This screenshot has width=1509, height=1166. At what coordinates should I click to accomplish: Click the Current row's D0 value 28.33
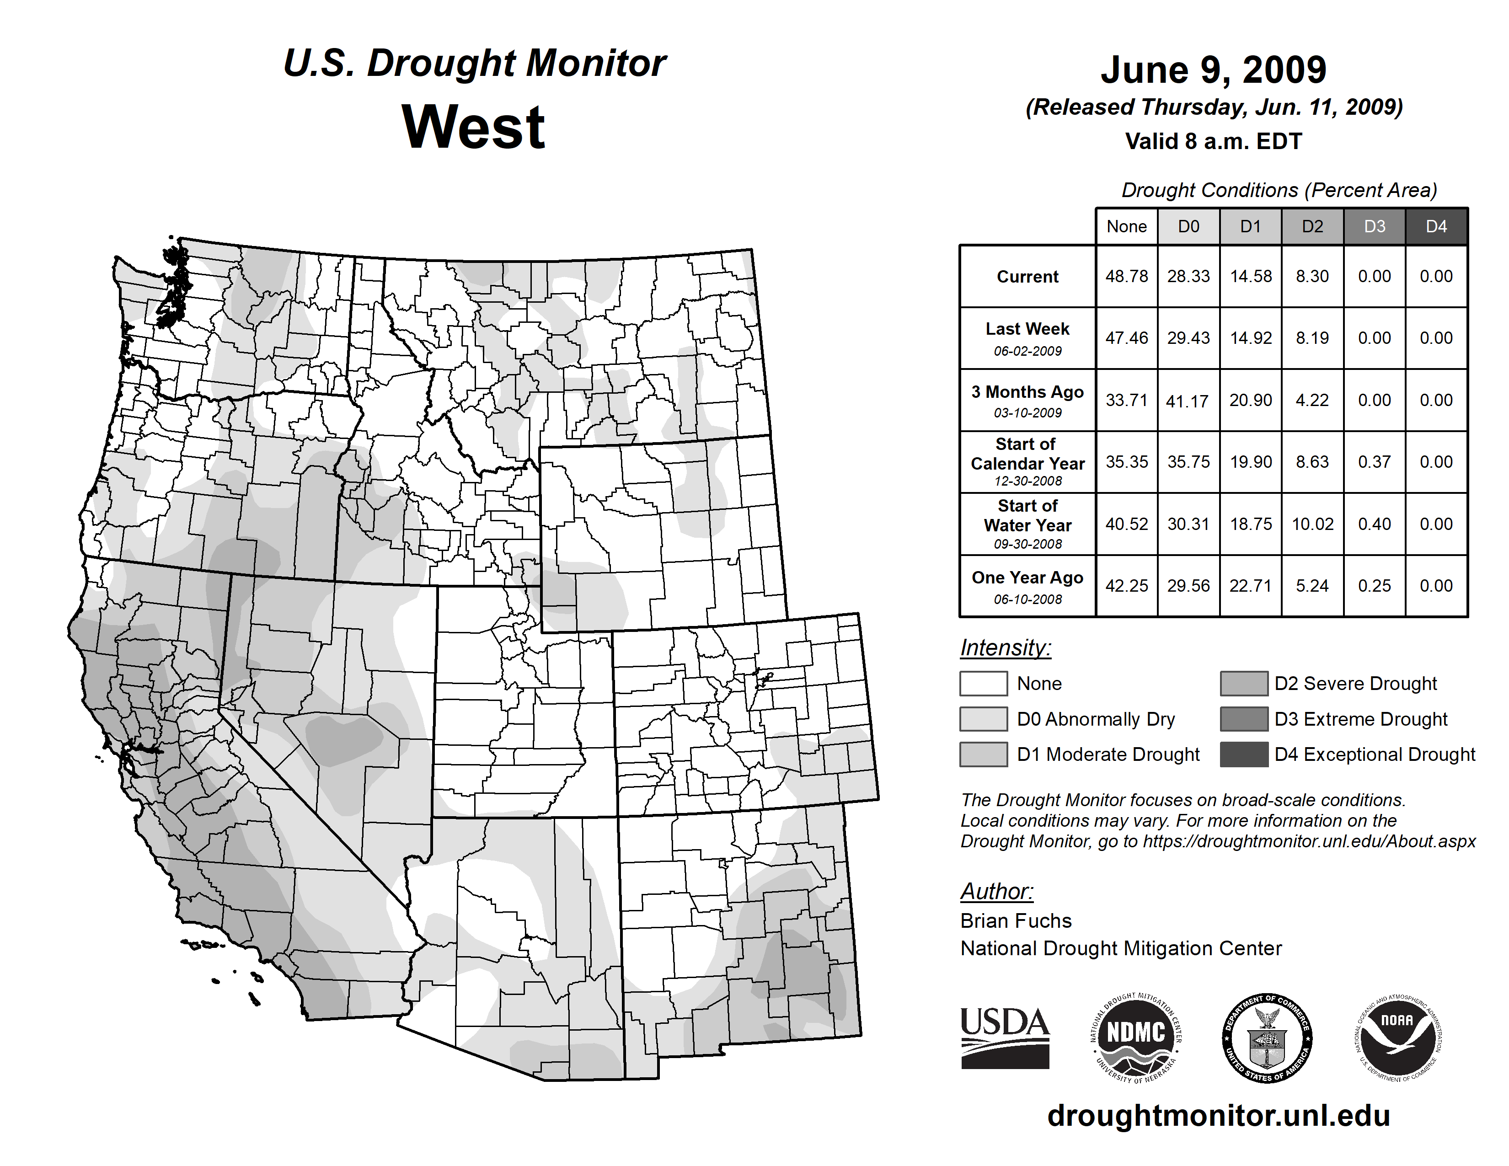tap(1188, 276)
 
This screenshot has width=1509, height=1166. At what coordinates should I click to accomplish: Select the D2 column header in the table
tap(1312, 226)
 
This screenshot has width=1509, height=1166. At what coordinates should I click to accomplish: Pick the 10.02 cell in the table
tap(1312, 524)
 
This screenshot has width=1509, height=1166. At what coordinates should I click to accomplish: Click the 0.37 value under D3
tap(1374, 462)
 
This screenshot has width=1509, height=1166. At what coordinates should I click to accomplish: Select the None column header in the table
tap(1126, 226)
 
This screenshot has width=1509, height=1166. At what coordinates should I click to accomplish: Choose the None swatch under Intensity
tap(983, 683)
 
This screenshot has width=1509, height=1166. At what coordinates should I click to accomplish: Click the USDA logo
tap(1005, 1038)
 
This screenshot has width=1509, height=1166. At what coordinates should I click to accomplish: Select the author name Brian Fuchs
tap(1016, 921)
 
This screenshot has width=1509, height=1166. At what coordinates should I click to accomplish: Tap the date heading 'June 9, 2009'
tap(1213, 70)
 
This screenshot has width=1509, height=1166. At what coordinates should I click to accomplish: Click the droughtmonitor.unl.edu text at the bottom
tap(1219, 1116)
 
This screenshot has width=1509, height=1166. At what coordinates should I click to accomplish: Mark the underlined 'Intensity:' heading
tap(1005, 648)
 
